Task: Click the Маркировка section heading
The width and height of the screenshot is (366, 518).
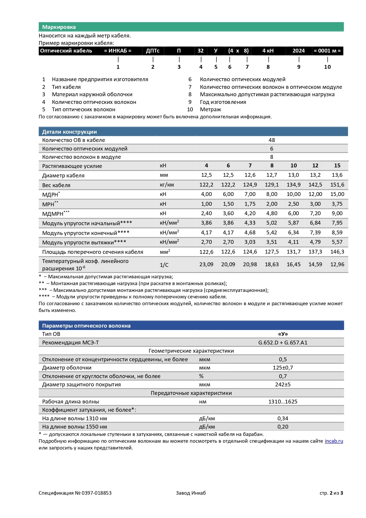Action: [x=59, y=27]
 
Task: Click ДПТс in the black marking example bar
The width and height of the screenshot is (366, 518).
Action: [x=153, y=51]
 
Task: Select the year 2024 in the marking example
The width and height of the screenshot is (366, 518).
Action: [x=298, y=51]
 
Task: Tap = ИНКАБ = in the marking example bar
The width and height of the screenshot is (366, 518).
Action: [x=118, y=51]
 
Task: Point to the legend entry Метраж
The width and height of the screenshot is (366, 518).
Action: [x=210, y=110]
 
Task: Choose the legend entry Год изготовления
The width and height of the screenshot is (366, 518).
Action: [x=223, y=102]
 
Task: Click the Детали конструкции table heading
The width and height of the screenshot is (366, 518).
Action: [x=69, y=132]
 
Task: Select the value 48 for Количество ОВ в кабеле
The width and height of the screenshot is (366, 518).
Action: [x=272, y=140]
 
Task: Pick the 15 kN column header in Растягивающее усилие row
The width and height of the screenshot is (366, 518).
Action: [x=337, y=166]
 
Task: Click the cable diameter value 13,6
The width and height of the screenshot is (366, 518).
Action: [x=337, y=175]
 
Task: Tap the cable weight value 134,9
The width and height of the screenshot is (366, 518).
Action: [x=293, y=185]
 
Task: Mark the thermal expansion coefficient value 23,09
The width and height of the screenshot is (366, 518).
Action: [x=206, y=264]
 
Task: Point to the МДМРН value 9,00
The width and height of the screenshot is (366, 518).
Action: [x=337, y=213]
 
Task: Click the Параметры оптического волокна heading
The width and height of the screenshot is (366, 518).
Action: [x=86, y=326]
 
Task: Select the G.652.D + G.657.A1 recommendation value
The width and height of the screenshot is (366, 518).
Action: [x=283, y=343]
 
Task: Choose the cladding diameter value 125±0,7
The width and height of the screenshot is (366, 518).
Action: [x=283, y=368]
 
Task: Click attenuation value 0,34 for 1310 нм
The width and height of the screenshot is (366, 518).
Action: [x=283, y=419]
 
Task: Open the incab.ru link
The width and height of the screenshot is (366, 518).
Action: [x=334, y=441]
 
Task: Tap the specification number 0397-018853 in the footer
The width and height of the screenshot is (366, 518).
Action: [x=96, y=493]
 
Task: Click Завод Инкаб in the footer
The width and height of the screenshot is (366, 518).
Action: [x=191, y=493]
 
